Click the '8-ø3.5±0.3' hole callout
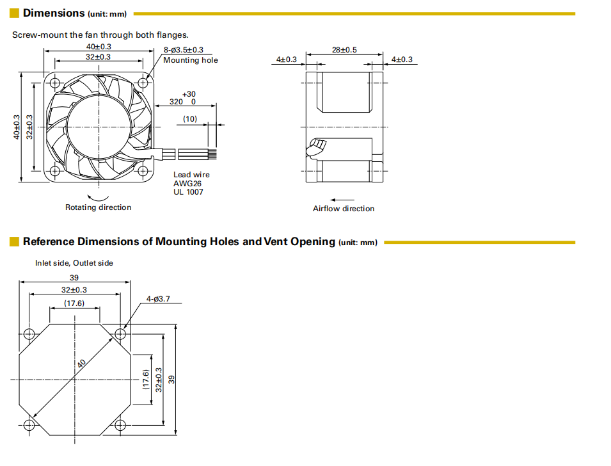(184, 49)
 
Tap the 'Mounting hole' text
(190, 60)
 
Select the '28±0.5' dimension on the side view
(344, 49)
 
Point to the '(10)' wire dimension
(190, 118)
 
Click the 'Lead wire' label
(191, 175)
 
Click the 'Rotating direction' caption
(98, 207)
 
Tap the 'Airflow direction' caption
(344, 209)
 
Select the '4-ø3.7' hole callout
(157, 299)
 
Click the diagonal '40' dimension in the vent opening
(81, 363)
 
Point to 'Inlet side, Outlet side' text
(74, 263)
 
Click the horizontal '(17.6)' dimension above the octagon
(74, 303)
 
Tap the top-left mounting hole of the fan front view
(54, 83)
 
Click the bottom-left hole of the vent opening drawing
(29, 424)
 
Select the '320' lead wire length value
(177, 102)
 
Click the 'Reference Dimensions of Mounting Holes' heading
(179, 241)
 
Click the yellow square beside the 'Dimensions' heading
(14, 13)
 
